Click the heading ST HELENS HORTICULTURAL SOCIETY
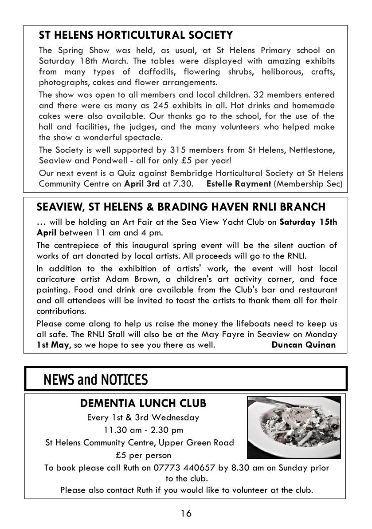[136, 35]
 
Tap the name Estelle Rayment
[239, 183]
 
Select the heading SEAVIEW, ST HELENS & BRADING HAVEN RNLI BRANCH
[181, 207]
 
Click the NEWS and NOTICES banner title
[95, 380]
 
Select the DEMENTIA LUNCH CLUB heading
[143, 403]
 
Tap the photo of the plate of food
[294, 427]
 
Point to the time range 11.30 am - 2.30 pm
[143, 430]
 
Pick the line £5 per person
[143, 455]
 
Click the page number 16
[186, 513]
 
